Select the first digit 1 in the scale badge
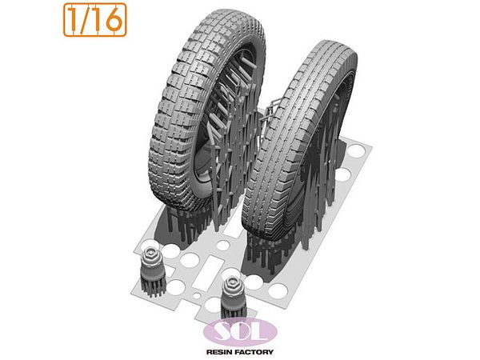click(74, 19)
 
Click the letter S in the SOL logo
click(222, 331)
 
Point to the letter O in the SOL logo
click(242, 330)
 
